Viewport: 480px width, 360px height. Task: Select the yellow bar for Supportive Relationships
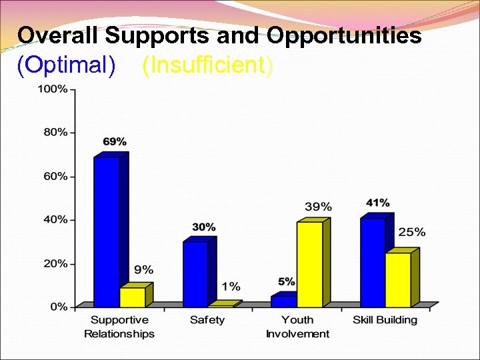(132, 297)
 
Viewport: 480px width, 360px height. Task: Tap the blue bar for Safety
(195, 274)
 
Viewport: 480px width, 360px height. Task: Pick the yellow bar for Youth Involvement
(309, 264)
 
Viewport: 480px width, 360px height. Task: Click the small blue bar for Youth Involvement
(283, 301)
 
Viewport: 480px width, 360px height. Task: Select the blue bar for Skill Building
(373, 262)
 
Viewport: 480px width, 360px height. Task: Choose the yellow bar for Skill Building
(398, 280)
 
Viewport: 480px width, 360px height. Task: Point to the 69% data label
(115, 141)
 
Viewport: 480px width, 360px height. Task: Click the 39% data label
(318, 207)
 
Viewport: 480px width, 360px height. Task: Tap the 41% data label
(378, 203)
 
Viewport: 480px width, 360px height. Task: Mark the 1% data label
(231, 286)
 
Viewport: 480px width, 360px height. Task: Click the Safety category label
(207, 320)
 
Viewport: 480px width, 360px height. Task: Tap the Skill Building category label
(385, 320)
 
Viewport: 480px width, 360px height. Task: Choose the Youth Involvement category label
(297, 327)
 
